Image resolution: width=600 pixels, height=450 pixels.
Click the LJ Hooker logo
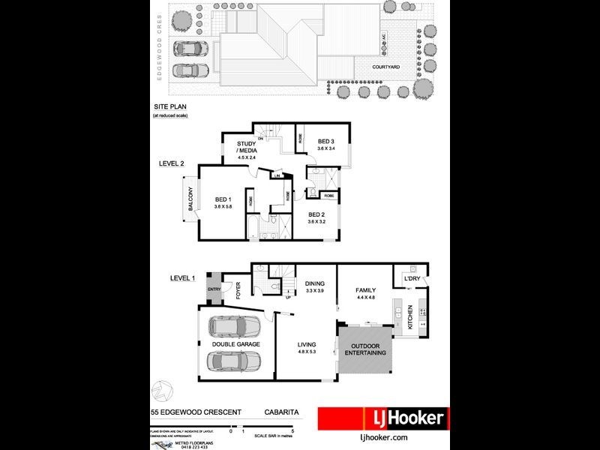pyautogui.click(x=383, y=418)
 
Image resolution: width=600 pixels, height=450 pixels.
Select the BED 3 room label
pyautogui.click(x=326, y=141)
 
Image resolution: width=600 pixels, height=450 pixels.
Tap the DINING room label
pyautogui.click(x=314, y=283)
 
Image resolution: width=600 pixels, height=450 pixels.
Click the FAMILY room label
pyautogui.click(x=365, y=290)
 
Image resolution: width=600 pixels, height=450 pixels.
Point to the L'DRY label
pyautogui.click(x=412, y=280)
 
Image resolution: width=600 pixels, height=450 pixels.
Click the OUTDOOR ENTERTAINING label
pyautogui.click(x=365, y=348)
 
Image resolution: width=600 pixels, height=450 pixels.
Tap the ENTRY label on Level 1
pyautogui.click(x=214, y=289)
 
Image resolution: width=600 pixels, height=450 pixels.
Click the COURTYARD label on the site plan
pyautogui.click(x=386, y=67)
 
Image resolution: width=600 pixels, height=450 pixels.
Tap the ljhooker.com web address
pyautogui.click(x=383, y=436)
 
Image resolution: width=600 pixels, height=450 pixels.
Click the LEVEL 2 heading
pyautogui.click(x=172, y=163)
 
